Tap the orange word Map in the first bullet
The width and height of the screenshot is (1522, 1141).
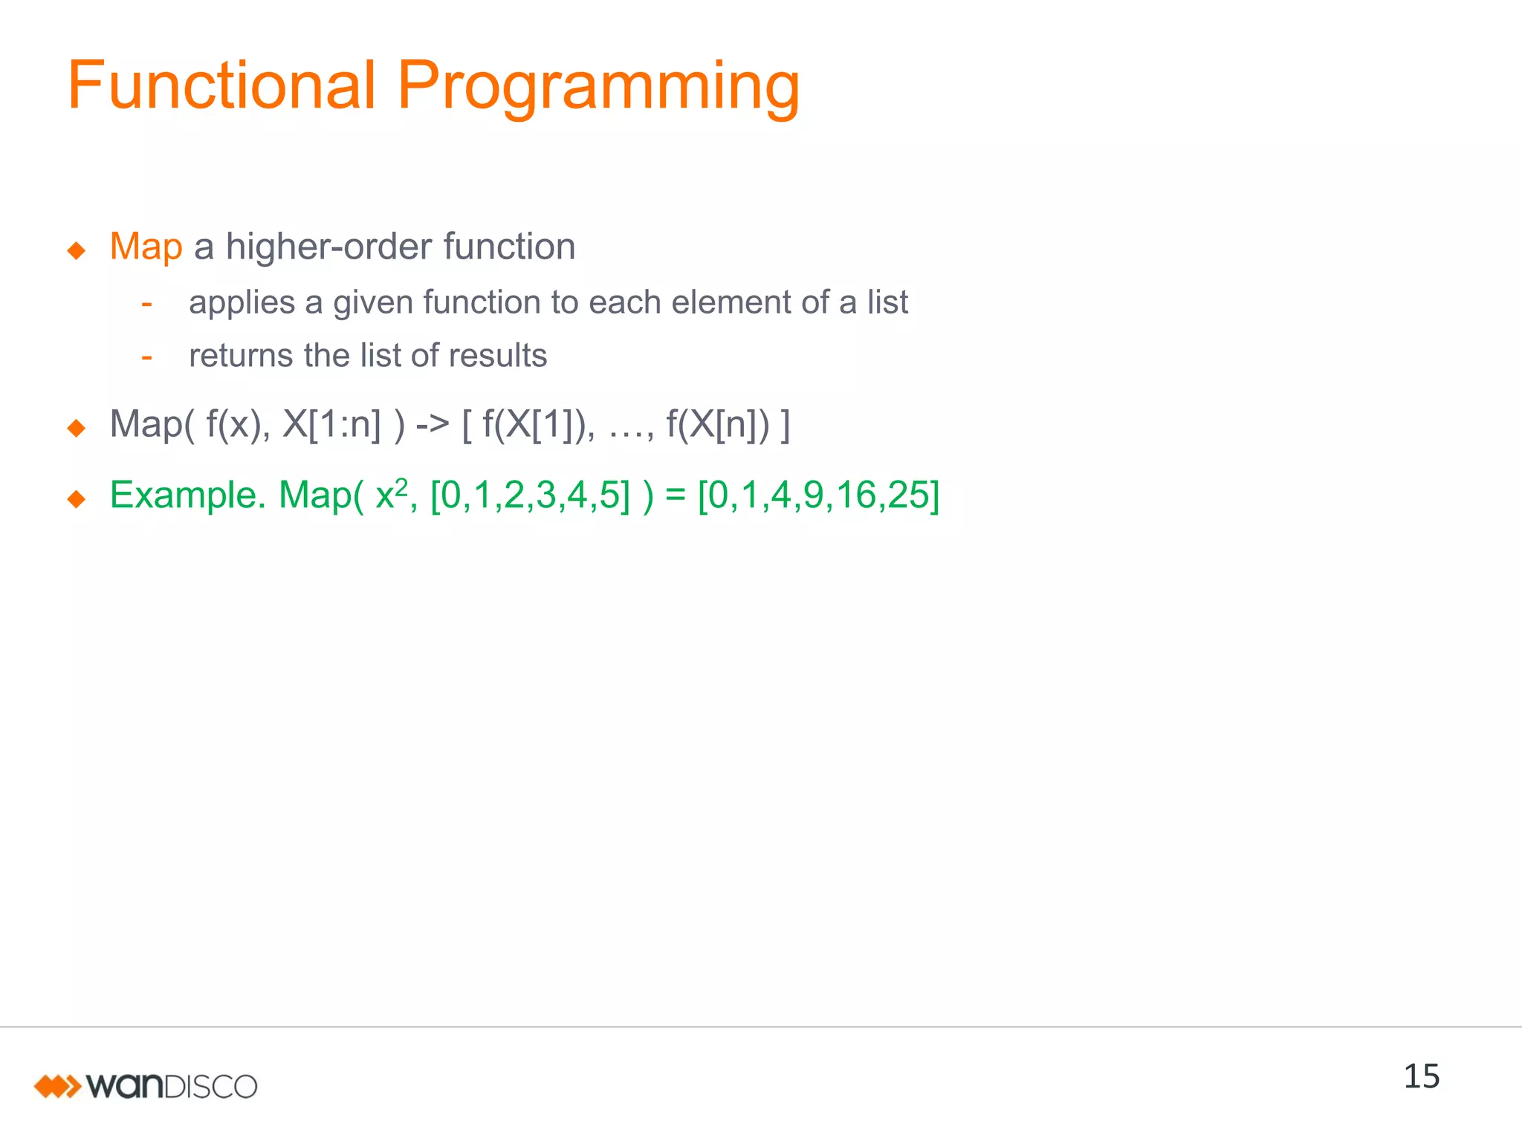point(146,247)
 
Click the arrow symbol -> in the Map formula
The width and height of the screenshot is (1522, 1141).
point(433,425)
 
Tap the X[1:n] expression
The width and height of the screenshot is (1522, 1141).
point(331,425)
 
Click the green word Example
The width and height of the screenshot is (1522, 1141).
point(187,495)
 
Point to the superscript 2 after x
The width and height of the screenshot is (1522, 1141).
point(401,486)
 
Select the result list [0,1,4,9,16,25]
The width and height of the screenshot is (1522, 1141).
point(818,495)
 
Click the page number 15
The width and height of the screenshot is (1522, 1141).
point(1420,1076)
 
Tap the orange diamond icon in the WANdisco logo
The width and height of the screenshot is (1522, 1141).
point(57,1086)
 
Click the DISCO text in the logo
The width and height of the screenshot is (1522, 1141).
point(210,1087)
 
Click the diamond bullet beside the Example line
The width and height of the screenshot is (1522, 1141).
point(76,498)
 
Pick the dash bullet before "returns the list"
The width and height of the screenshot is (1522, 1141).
point(146,357)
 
